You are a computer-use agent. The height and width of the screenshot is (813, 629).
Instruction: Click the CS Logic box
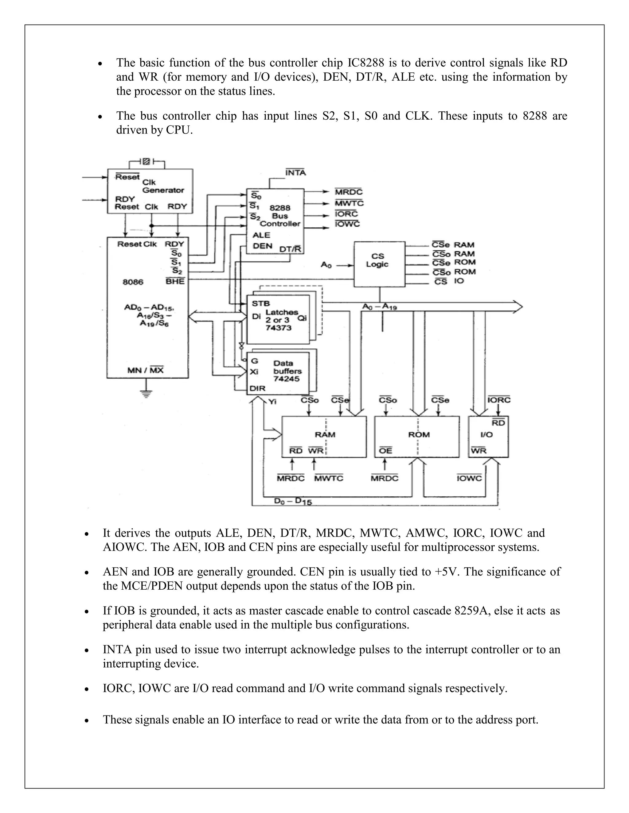379,264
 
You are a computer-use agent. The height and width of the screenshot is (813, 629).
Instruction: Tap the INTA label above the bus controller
295,173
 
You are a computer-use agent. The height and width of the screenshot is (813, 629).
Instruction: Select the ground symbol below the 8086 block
147,393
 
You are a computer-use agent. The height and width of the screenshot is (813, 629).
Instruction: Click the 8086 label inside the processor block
133,282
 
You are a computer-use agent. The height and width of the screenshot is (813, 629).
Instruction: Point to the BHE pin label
175,281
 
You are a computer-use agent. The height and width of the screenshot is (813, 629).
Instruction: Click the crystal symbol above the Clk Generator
147,162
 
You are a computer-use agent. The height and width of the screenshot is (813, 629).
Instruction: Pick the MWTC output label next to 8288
349,203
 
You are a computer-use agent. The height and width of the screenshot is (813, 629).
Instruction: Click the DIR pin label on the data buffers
257,388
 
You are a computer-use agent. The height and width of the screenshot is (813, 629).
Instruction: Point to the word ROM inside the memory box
419,434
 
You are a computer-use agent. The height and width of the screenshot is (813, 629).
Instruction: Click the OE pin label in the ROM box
386,450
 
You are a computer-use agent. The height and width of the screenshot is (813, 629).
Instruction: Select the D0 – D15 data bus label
293,501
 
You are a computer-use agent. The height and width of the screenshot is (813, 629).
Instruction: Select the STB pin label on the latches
261,303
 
